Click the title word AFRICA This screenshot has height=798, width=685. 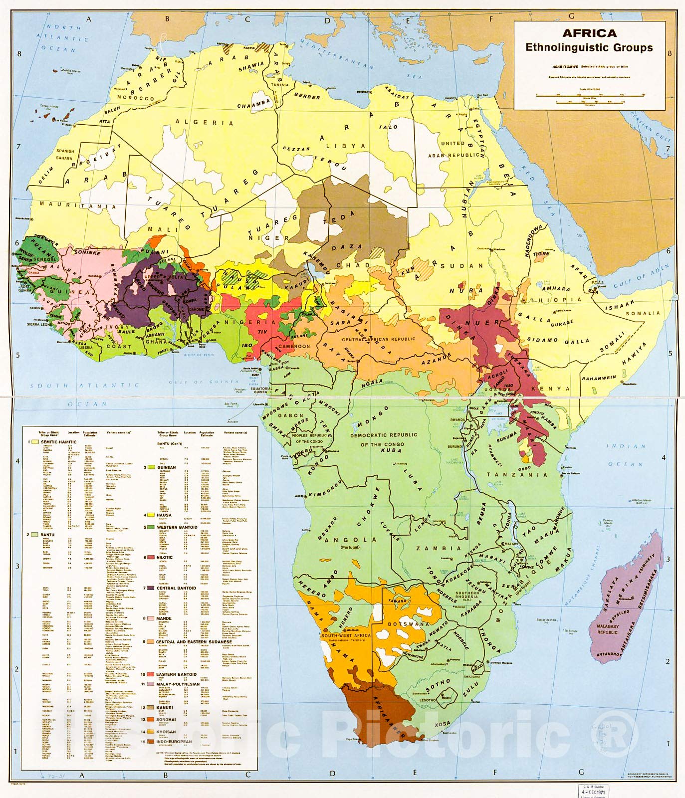coord(589,33)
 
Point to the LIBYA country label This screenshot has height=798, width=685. coord(346,146)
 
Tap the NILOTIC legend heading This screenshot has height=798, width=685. coord(165,558)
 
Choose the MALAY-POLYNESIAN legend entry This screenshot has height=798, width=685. coord(178,684)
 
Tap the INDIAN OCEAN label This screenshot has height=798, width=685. coord(625,455)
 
